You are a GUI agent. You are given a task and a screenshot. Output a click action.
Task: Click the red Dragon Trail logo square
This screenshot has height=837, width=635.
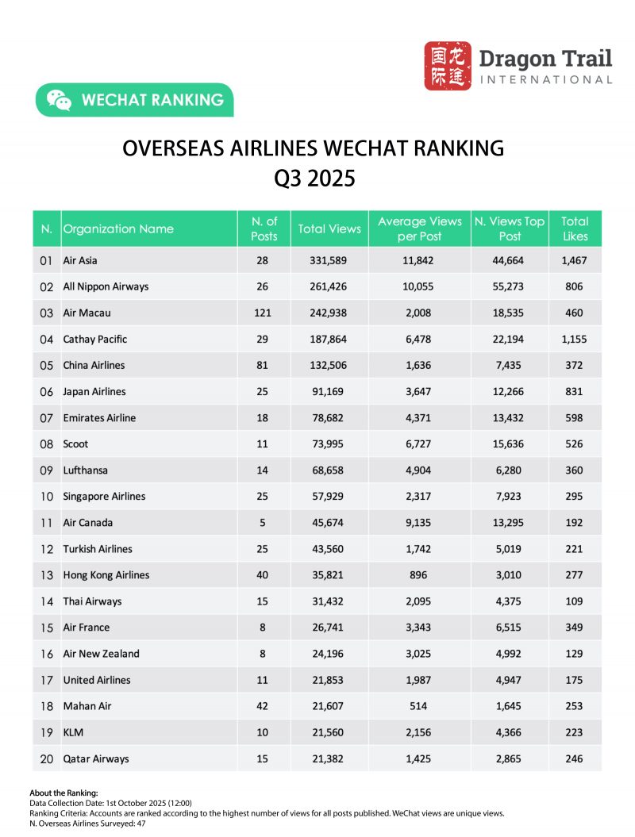(447, 66)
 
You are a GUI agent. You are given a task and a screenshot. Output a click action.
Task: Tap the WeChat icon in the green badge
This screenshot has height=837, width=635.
(59, 101)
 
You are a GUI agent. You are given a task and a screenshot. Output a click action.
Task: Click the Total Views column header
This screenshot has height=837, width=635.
(329, 228)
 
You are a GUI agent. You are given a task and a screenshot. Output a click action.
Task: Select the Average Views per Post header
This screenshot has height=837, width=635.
(420, 228)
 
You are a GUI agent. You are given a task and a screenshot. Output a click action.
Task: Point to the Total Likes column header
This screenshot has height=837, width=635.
(575, 228)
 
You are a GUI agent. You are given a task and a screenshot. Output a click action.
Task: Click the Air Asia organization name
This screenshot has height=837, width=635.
(80, 260)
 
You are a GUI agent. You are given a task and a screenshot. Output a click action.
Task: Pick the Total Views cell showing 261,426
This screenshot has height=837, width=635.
(329, 286)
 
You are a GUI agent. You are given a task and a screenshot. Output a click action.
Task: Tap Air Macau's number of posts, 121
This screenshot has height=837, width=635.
(264, 313)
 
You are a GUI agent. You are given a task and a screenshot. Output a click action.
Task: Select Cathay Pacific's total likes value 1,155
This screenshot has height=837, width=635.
(575, 339)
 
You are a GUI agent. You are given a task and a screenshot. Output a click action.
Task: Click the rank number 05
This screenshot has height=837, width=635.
(46, 365)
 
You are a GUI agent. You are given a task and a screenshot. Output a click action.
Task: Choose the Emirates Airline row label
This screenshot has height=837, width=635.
(99, 417)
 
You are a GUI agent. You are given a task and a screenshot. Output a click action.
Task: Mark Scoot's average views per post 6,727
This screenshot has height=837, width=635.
(419, 443)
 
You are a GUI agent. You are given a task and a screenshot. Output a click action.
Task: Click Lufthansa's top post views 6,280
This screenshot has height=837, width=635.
(509, 470)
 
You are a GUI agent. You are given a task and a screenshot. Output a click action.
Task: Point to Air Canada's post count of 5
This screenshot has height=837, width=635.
(264, 522)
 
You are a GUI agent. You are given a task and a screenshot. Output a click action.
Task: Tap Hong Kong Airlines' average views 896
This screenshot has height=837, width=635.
(419, 574)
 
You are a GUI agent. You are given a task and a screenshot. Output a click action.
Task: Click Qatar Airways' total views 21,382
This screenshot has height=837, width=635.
(329, 758)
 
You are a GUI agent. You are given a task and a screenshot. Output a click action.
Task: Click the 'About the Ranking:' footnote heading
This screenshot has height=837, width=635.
(63, 793)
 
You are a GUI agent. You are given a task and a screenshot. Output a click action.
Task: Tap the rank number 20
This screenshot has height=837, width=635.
(46, 758)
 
